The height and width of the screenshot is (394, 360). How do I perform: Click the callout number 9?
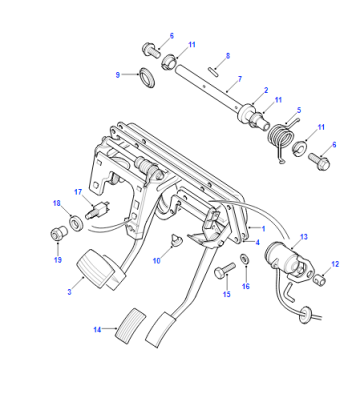click(x=118, y=75)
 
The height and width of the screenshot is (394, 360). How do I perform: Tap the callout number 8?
click(x=228, y=56)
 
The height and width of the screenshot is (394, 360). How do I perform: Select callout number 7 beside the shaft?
click(x=240, y=79)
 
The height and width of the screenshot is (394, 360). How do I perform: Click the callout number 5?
click(x=299, y=110)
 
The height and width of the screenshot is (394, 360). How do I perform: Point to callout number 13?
click(x=304, y=237)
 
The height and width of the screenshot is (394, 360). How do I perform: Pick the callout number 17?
click(x=78, y=192)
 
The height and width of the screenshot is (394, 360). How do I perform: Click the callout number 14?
click(x=97, y=330)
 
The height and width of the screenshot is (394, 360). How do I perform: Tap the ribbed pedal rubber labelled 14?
click(x=131, y=326)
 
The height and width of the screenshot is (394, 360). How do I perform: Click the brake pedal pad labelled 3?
click(x=94, y=269)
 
